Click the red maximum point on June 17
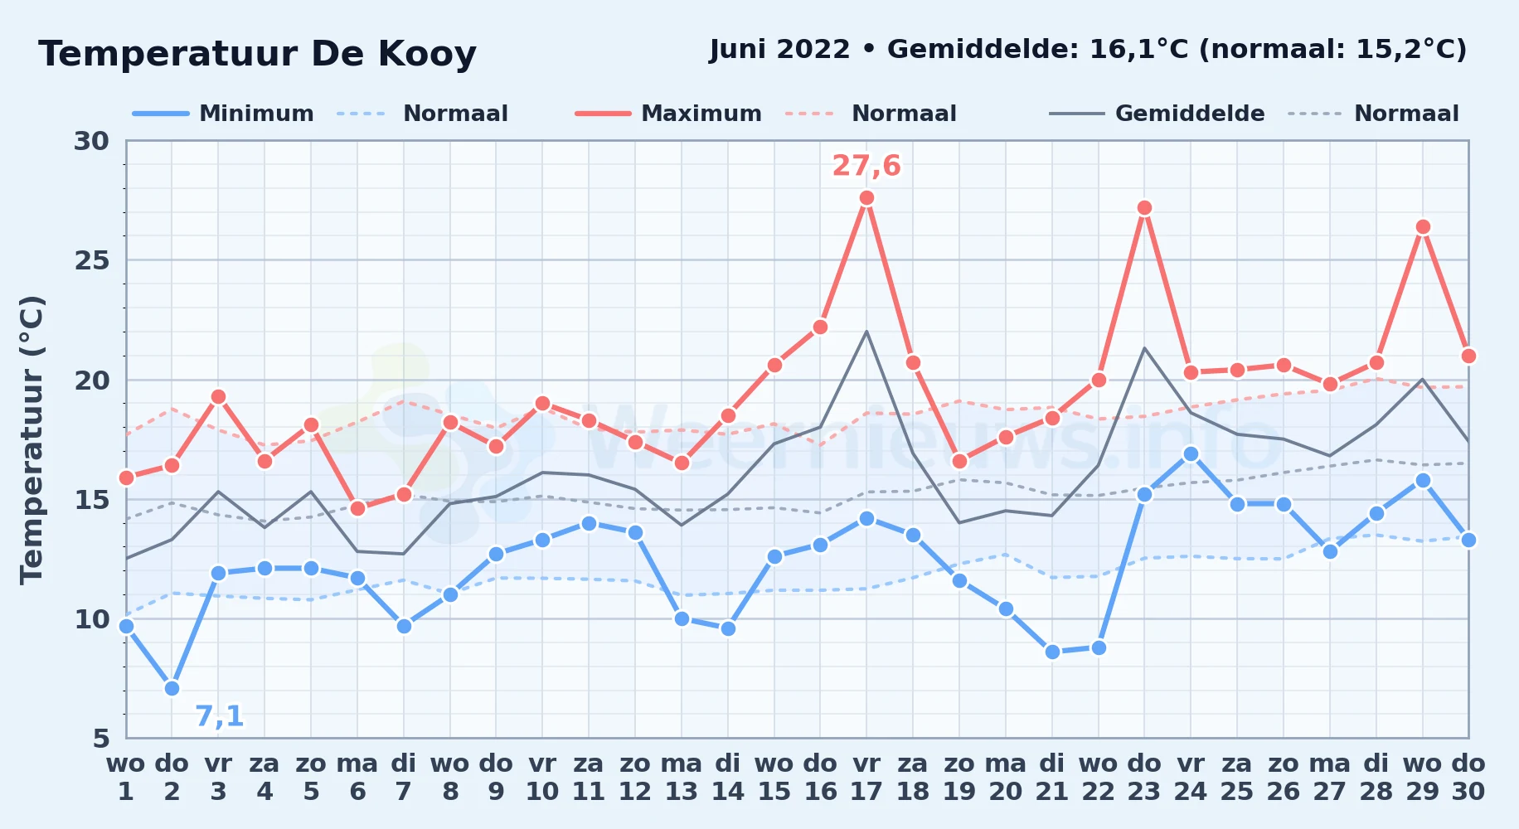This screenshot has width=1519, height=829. (x=866, y=198)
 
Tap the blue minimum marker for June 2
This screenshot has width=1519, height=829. (x=172, y=688)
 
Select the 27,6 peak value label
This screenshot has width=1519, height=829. (x=866, y=166)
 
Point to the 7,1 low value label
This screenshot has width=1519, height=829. (x=220, y=716)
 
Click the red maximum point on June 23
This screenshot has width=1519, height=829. (x=1144, y=208)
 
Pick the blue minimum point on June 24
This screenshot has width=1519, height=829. (x=1191, y=453)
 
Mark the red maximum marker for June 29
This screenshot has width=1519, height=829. (x=1423, y=227)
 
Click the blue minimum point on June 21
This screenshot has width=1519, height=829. (x=1052, y=652)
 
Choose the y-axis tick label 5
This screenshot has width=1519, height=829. (x=100, y=738)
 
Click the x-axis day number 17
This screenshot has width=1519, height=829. (x=866, y=792)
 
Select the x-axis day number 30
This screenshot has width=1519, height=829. (x=1468, y=792)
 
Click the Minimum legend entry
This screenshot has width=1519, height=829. (x=224, y=114)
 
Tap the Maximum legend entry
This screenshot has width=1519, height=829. (x=669, y=114)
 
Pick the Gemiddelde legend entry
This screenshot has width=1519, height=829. (x=1157, y=114)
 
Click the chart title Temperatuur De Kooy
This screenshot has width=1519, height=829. (x=258, y=54)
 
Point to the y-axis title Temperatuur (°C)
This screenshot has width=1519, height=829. (x=32, y=439)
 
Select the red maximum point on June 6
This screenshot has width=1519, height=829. (x=357, y=508)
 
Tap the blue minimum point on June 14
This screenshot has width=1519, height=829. (x=728, y=628)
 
